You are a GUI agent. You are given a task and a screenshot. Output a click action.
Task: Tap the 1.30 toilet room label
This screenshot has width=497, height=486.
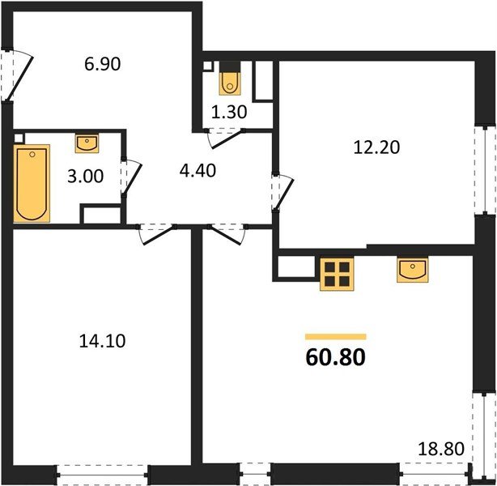point(231,113)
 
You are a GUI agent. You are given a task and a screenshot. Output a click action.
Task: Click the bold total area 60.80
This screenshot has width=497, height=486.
point(334,356)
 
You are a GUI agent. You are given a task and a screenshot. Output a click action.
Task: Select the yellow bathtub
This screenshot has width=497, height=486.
point(32,183)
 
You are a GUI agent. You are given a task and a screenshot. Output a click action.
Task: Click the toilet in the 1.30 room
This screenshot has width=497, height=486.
point(230,82)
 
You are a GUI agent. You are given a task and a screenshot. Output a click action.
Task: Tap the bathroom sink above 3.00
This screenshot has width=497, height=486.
point(87,144)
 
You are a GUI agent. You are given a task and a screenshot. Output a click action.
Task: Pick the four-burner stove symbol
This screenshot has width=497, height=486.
point(337,275)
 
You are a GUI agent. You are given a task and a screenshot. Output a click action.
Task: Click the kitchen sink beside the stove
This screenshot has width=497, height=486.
point(412,271)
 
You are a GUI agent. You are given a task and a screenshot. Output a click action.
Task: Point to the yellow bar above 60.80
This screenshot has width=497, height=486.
point(335,336)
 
